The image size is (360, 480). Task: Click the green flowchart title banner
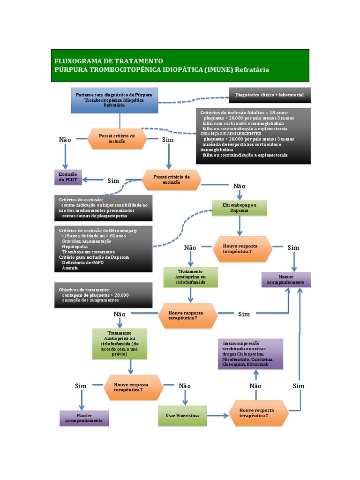(x=180, y=65)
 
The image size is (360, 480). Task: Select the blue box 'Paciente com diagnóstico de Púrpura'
(x=114, y=100)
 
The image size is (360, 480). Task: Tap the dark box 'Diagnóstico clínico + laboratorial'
(x=270, y=95)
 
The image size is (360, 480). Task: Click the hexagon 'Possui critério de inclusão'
(x=117, y=138)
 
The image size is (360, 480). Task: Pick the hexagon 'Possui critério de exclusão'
(x=172, y=179)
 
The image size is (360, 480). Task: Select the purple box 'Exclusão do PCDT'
(x=68, y=177)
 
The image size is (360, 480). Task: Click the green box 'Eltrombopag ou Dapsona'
(x=240, y=208)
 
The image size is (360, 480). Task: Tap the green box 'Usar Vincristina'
(x=182, y=416)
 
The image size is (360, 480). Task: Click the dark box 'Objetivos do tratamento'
(x=103, y=295)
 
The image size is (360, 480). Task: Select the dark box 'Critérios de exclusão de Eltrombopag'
(x=103, y=249)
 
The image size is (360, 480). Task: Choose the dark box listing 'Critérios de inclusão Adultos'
(x=253, y=136)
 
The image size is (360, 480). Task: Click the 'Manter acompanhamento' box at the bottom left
(x=84, y=418)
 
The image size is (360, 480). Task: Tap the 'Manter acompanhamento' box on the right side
(x=285, y=279)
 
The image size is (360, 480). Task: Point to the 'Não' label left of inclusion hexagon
(x=65, y=140)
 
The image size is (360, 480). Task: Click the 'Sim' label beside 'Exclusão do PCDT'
(x=113, y=180)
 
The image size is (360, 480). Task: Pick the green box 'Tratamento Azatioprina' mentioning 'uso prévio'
(x=120, y=344)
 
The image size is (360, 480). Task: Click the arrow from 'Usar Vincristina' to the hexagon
(x=217, y=416)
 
